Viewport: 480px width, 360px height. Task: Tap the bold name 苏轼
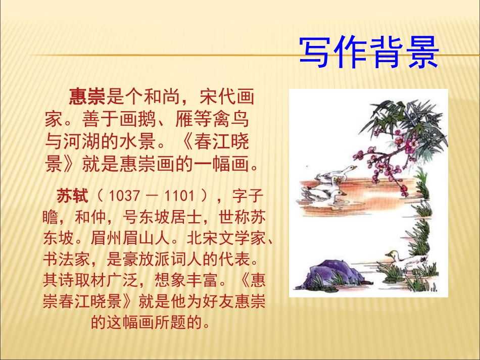[72, 195]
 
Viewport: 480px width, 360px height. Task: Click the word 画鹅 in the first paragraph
[151, 119]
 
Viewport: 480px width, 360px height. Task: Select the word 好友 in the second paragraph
[219, 301]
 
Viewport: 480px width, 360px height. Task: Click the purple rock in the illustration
[328, 273]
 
